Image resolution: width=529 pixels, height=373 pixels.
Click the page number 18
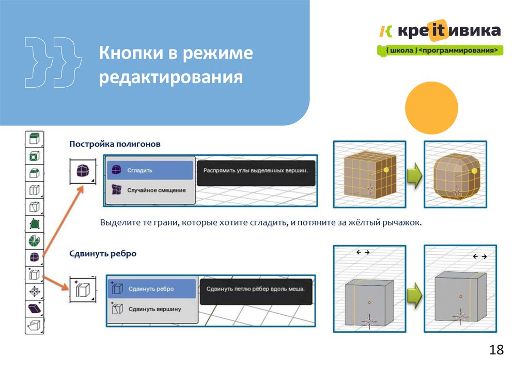tap(496, 350)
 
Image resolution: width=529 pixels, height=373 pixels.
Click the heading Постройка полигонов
tap(115, 144)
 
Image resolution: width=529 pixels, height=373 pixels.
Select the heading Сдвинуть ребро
tap(103, 254)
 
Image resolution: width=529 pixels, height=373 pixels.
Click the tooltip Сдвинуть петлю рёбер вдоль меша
tap(255, 289)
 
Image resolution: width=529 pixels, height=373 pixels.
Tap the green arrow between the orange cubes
tap(411, 175)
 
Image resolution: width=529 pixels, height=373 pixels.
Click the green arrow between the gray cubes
tap(411, 296)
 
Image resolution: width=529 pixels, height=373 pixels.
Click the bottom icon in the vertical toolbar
tap(35, 326)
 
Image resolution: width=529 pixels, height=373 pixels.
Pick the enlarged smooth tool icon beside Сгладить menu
tap(82, 171)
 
